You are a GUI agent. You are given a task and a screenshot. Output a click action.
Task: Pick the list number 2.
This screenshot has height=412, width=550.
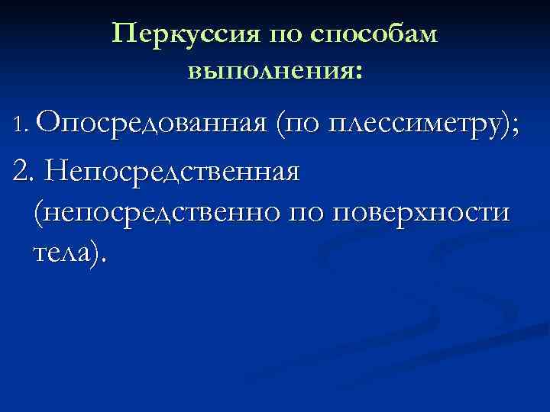click(x=21, y=172)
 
